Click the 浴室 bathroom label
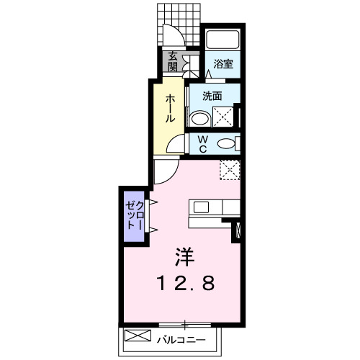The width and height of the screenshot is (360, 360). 222,63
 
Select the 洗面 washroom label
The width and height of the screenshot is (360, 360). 211,96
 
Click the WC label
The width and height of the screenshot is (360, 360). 203,143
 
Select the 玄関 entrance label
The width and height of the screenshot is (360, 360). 173,62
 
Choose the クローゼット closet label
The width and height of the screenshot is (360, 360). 135,213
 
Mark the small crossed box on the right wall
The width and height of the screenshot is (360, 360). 239,232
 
